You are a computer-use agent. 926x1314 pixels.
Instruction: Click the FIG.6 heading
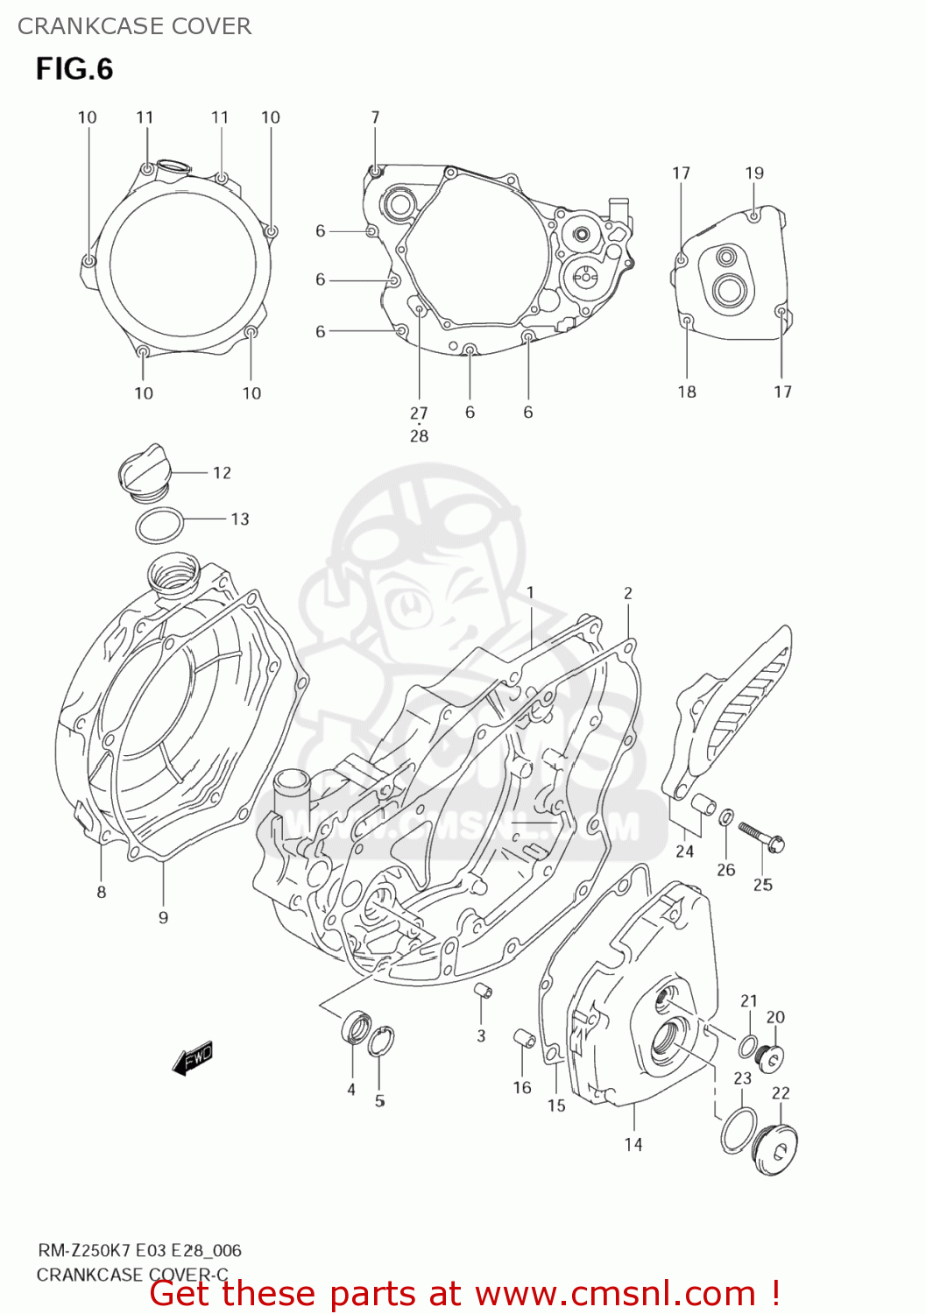click(74, 69)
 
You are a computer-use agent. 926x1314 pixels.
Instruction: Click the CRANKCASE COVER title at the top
click(134, 26)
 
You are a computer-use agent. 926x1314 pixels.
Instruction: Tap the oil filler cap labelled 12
click(141, 473)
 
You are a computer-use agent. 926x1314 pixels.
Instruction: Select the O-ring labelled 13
click(159, 526)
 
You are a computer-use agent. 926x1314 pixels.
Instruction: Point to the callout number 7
click(375, 117)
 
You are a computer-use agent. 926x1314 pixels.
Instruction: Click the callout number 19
click(754, 173)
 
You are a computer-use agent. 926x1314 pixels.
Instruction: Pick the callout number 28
click(419, 435)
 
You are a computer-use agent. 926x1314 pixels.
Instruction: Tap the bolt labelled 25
click(761, 836)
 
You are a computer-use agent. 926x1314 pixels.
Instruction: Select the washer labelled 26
click(726, 818)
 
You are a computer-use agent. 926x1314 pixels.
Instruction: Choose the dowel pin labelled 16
click(524, 1038)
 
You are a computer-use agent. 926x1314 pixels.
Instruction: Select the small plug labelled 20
click(772, 1057)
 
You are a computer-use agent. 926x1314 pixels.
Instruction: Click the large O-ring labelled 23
click(739, 1130)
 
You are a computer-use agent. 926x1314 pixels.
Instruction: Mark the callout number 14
click(633, 1144)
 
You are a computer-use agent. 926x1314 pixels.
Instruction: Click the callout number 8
click(102, 892)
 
